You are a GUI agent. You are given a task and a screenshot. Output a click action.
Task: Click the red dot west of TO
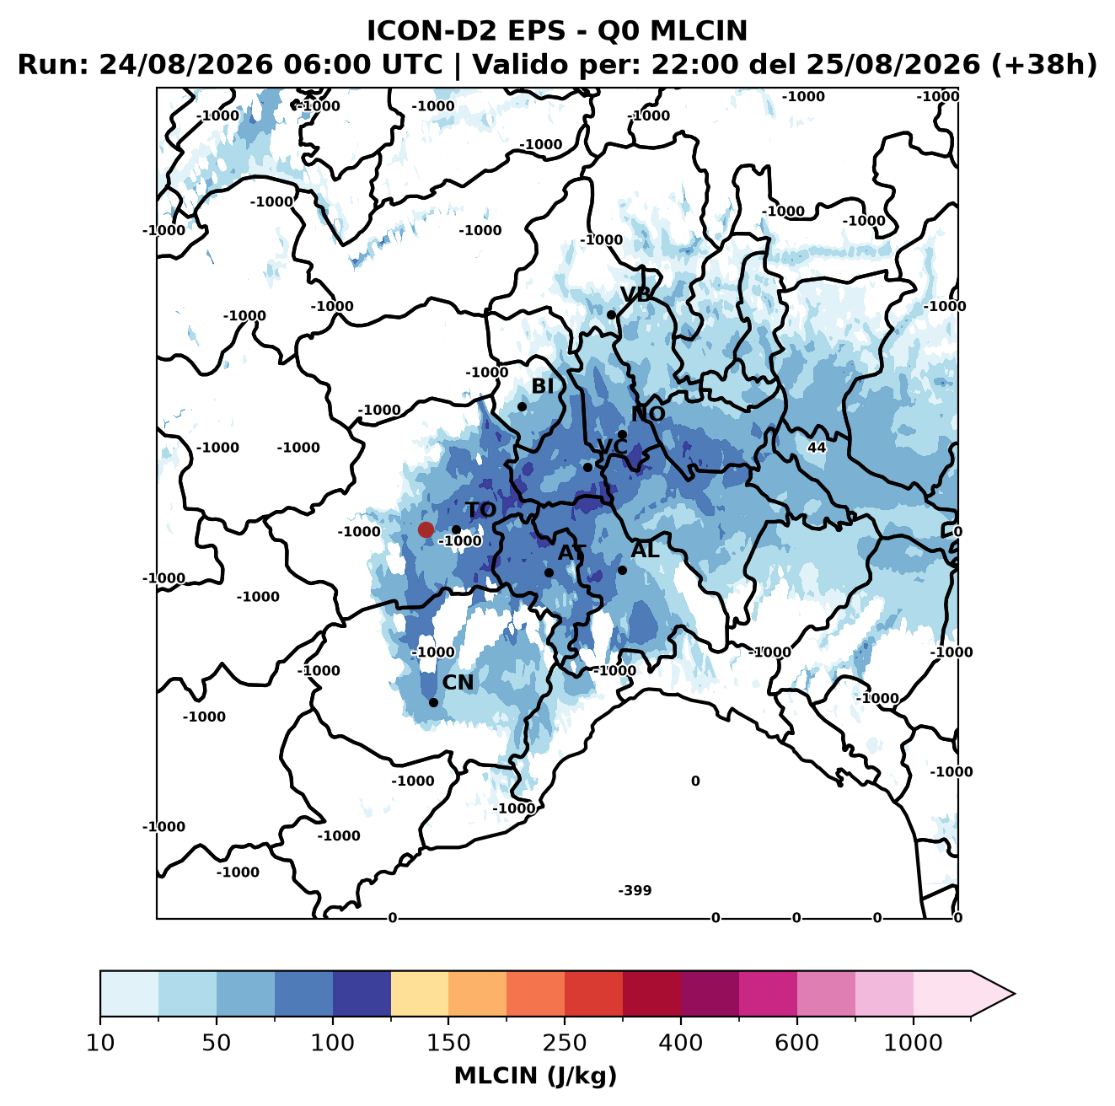click(426, 529)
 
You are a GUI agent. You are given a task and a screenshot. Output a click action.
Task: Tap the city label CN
click(458, 683)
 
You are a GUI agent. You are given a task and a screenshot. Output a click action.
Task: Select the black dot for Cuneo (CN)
click(433, 702)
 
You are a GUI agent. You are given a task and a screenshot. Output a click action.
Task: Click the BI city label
click(542, 386)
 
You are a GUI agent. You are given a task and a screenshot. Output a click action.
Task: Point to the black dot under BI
click(522, 407)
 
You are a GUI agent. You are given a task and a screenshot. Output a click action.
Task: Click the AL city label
click(645, 550)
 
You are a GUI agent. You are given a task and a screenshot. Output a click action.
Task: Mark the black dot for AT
click(549, 573)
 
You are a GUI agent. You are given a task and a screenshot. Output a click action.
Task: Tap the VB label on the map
click(635, 294)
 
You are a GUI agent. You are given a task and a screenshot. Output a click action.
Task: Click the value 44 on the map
click(817, 448)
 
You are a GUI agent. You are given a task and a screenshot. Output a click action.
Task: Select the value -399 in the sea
click(635, 890)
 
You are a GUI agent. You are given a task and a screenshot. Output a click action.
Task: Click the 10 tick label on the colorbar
click(100, 1043)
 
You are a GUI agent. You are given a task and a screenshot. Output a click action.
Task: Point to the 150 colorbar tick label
click(448, 1043)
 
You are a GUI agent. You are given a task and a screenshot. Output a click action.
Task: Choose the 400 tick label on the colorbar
click(681, 1043)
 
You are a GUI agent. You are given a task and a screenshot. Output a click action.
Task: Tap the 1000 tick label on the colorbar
click(913, 1043)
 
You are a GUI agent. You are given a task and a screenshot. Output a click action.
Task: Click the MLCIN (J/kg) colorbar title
click(535, 1076)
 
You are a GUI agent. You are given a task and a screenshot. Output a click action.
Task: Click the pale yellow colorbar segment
click(420, 994)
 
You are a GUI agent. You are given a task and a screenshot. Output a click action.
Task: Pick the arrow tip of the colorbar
click(1015, 994)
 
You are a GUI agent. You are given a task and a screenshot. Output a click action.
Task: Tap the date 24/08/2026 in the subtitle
click(185, 65)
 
